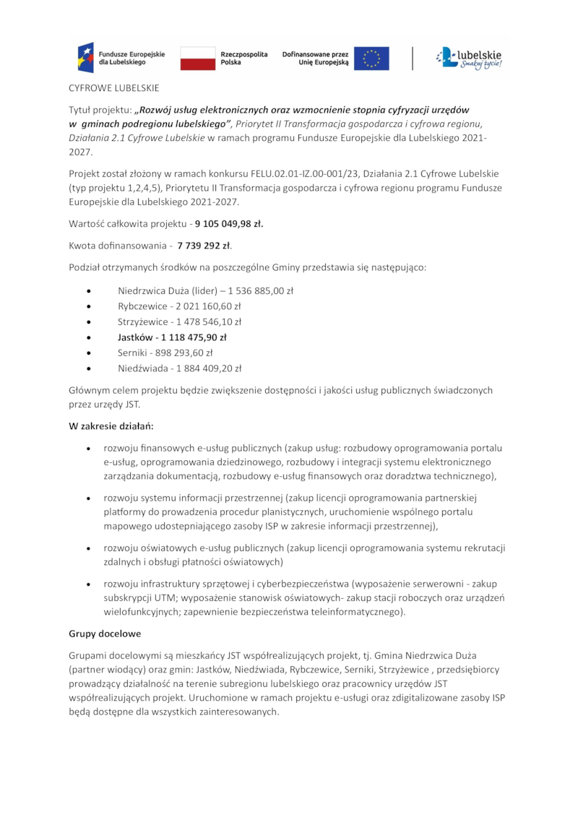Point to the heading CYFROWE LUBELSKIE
pyautogui.click(x=113, y=89)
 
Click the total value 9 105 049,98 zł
pyautogui.click(x=229, y=223)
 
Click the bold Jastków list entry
pyautogui.click(x=172, y=337)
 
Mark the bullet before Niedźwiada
pyautogui.click(x=88, y=368)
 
